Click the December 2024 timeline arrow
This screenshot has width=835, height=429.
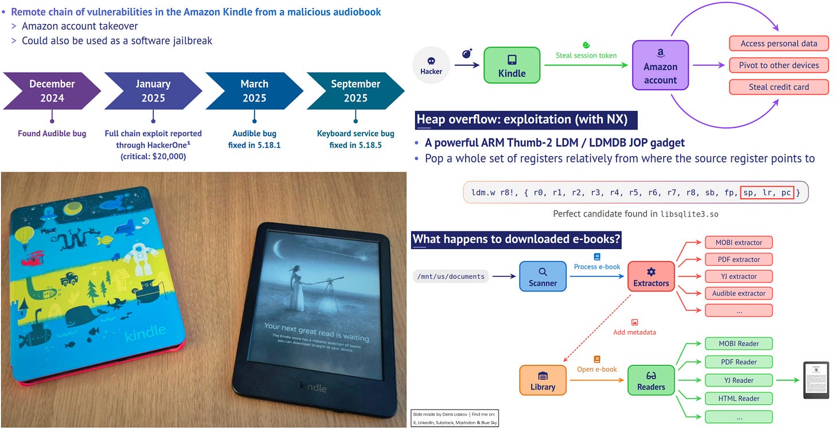(x=52, y=90)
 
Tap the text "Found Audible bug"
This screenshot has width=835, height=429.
(x=52, y=133)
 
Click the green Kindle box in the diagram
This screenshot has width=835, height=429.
(x=512, y=65)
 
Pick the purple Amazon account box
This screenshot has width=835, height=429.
(x=660, y=65)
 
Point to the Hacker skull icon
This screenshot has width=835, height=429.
(x=431, y=61)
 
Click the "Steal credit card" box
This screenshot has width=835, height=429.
(x=778, y=87)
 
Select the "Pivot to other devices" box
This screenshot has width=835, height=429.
(x=778, y=65)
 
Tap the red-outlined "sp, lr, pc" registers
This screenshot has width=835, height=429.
(x=767, y=193)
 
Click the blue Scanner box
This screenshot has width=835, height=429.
(x=543, y=277)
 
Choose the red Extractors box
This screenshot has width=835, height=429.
(x=651, y=277)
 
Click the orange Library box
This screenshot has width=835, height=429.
(x=543, y=380)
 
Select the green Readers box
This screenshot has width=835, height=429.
(x=651, y=380)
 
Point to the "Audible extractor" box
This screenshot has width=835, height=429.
(x=739, y=293)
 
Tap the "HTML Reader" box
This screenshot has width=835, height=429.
(x=739, y=399)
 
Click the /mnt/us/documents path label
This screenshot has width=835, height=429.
(x=451, y=277)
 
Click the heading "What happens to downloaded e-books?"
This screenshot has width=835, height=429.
(x=516, y=239)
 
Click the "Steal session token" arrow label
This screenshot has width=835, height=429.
(x=586, y=56)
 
